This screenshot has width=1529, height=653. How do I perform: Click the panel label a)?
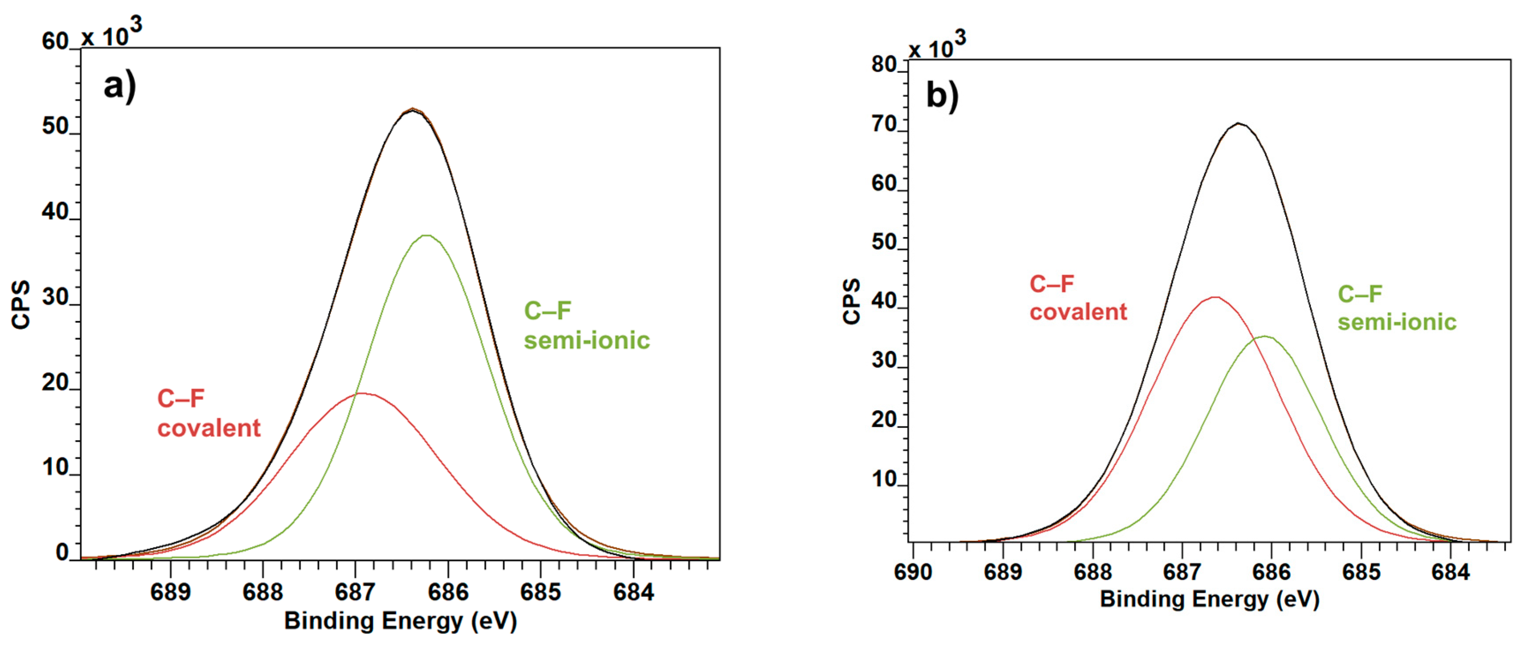[119, 87]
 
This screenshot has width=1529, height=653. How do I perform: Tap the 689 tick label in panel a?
[170, 592]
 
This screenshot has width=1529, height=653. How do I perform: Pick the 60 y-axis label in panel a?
[55, 42]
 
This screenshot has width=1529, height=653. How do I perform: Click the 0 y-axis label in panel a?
[62, 552]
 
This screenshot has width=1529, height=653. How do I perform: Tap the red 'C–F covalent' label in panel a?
[208, 413]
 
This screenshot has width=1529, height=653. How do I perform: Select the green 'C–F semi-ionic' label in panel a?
[587, 325]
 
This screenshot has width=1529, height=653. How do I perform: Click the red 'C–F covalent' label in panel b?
[1077, 298]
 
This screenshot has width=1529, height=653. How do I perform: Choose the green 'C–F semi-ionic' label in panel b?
[1396, 308]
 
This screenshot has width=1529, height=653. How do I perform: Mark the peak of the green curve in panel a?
[427, 236]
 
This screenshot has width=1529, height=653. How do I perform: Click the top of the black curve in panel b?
[1238, 124]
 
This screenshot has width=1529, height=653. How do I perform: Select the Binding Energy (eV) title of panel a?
[401, 620]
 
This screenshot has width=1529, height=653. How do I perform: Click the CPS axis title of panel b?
[852, 301]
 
